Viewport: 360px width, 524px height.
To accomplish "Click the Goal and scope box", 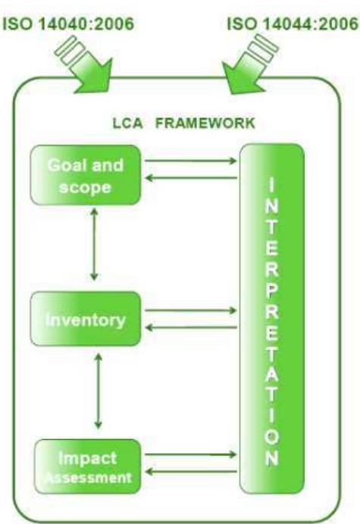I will [86, 176].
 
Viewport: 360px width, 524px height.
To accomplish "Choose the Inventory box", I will [86, 318].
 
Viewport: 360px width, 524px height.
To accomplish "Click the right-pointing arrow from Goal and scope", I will [189, 161].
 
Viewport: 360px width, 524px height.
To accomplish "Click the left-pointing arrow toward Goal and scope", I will [189, 177].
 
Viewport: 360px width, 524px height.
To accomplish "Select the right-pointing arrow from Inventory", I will [189, 310].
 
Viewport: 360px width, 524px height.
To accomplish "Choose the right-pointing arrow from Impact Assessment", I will [189, 454].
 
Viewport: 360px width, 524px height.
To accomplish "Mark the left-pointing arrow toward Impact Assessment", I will [189, 472].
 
